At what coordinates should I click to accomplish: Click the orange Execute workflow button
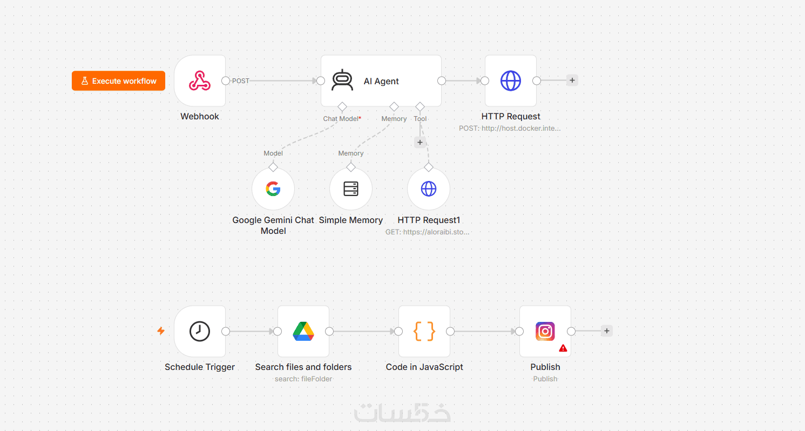click(x=118, y=81)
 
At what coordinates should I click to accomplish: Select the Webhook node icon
click(x=200, y=80)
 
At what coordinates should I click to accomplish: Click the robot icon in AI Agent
click(x=342, y=80)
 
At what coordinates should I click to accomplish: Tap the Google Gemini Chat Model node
click(x=273, y=188)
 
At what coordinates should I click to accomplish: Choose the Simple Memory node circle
click(x=351, y=188)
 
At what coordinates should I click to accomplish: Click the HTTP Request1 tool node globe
click(x=428, y=188)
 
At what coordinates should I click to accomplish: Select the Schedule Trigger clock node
click(x=200, y=331)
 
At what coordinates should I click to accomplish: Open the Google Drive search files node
click(x=303, y=331)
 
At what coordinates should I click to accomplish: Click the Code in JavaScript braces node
click(x=424, y=331)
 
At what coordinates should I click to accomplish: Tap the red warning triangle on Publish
click(x=563, y=348)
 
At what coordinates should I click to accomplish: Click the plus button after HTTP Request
click(x=572, y=80)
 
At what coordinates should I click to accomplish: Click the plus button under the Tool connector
click(x=420, y=143)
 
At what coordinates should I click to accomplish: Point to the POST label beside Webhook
click(x=240, y=81)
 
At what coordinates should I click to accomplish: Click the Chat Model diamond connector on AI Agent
click(x=342, y=107)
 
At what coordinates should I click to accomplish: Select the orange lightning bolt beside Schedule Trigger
click(x=161, y=331)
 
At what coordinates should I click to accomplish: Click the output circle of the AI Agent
click(x=442, y=81)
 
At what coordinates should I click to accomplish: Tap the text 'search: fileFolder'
click(x=303, y=379)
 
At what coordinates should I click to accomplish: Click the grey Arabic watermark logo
click(x=402, y=412)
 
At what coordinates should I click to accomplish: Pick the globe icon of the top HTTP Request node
click(x=511, y=80)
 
